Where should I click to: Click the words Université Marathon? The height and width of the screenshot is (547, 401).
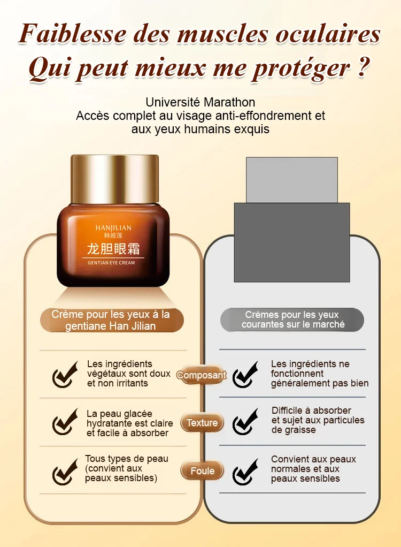click(200, 102)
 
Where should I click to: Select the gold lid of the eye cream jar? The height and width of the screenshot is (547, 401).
click(114, 180)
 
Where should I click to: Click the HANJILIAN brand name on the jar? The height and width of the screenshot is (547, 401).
click(113, 228)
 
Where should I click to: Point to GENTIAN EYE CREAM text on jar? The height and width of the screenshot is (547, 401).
click(111, 263)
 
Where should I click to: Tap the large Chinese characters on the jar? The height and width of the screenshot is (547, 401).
click(113, 248)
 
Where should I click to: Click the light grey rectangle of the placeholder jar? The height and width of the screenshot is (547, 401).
click(291, 180)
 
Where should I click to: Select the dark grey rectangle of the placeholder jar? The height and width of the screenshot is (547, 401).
click(291, 242)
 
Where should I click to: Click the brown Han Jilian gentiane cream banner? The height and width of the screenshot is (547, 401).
click(112, 320)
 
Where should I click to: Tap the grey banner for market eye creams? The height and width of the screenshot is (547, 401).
click(292, 320)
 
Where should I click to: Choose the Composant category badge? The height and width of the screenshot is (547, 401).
click(202, 375)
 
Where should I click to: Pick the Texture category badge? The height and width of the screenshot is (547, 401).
click(202, 423)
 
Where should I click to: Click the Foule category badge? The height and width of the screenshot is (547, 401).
click(202, 471)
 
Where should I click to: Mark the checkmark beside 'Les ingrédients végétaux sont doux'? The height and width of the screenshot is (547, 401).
click(65, 375)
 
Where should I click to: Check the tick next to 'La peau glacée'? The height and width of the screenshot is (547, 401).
click(65, 422)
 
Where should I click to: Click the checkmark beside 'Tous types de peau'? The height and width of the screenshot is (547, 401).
click(65, 472)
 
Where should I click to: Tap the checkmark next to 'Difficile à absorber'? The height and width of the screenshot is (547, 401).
click(245, 422)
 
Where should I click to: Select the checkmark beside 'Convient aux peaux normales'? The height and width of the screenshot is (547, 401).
click(245, 472)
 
